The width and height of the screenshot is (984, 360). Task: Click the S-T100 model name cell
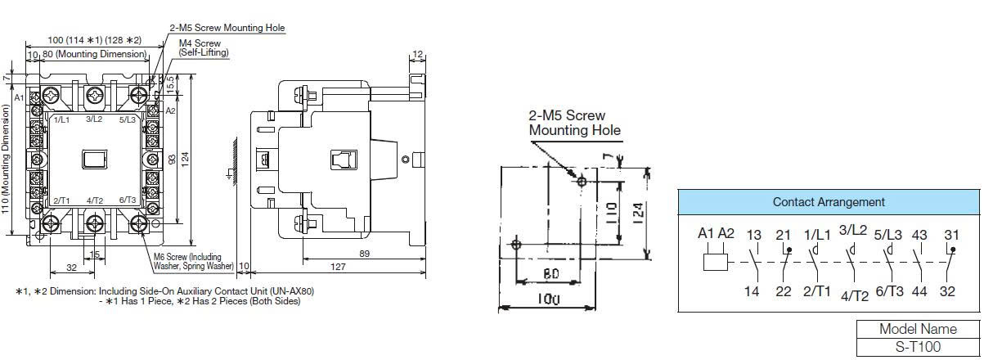918,347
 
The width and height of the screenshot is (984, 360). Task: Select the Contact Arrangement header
829,202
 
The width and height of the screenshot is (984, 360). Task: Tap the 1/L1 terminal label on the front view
61,119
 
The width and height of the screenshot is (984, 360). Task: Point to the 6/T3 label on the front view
128,200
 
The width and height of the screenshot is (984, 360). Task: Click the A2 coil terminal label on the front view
170,110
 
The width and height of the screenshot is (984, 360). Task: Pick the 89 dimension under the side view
364,254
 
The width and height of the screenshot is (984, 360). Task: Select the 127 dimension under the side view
338,267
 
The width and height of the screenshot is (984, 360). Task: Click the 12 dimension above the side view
418,54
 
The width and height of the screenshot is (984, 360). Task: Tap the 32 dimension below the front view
72,268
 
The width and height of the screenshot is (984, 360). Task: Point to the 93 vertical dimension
173,159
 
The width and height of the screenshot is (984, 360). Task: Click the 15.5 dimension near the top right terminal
171,84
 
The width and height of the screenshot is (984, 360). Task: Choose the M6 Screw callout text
193,262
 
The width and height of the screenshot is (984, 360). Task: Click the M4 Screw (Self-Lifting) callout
204,48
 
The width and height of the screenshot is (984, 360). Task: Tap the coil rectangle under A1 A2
716,263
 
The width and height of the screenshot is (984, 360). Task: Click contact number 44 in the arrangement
919,291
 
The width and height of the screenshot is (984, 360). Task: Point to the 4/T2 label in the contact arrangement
855,296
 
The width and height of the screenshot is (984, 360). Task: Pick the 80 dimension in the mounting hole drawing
550,274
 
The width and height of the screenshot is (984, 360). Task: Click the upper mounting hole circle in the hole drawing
582,181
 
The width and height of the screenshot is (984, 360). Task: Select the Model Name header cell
918,329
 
